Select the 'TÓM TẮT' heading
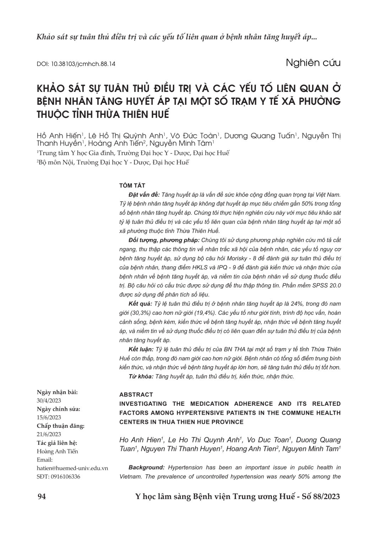coord(132,186)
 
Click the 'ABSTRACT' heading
coord(136,394)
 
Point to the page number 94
coord(42,496)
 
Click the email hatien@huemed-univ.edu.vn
coord(72,468)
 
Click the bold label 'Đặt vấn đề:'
coord(144,195)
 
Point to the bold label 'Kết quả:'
coord(140,304)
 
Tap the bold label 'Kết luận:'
coord(141,350)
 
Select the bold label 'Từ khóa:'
coord(141,377)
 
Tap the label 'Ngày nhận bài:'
coord(58,392)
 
